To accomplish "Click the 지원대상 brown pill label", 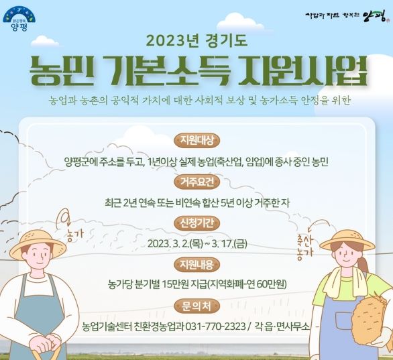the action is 196,141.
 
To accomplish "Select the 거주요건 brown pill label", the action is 196,182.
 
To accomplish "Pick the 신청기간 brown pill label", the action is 196,223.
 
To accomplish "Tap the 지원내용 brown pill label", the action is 196,264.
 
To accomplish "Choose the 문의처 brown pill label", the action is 196,306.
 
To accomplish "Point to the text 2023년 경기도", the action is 196,41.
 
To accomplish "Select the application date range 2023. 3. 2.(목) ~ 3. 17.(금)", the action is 197,243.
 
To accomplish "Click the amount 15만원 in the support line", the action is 175,284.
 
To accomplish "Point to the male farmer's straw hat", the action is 39,243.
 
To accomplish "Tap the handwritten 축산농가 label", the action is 305,247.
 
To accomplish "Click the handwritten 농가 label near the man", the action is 75,234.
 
